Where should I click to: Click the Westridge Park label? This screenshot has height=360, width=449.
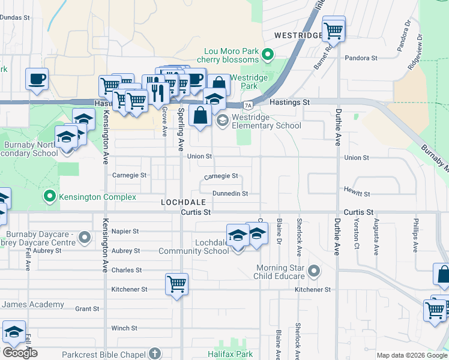coord(244,82)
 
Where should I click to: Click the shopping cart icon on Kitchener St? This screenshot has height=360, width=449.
coord(176,283)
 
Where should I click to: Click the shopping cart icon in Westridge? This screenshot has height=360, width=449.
coord(333,29)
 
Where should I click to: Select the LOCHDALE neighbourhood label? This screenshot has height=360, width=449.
coord(182,203)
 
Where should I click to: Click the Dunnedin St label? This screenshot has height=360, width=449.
coord(230,194)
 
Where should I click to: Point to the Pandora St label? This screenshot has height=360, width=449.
coord(361,58)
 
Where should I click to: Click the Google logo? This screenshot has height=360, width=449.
coord(20,353)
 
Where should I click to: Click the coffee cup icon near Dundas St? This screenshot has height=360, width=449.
coord(37,79)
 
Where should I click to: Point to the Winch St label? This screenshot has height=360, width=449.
coord(124,328)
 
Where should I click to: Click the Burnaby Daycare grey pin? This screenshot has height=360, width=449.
coord(85,238)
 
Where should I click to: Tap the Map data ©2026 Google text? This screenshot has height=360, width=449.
coord(411,355)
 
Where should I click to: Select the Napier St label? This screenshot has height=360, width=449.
coord(125,231)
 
